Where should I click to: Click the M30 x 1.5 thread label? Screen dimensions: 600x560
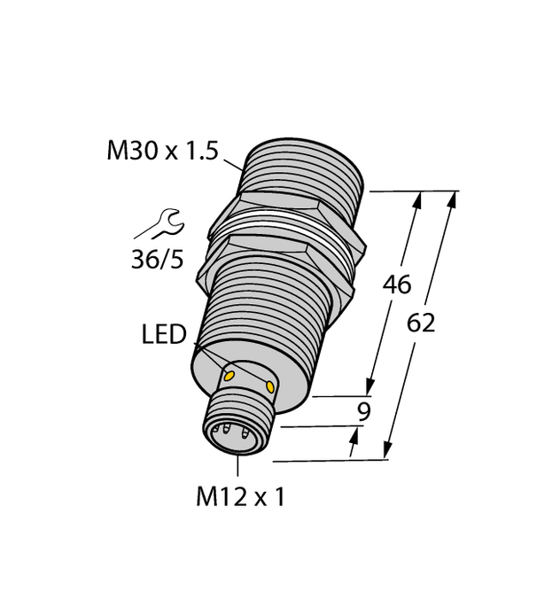pos(161,152)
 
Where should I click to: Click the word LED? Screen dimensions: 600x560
pos(164,336)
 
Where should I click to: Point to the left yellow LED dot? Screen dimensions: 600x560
pos(229,376)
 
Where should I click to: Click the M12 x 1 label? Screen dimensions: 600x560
pos(240,498)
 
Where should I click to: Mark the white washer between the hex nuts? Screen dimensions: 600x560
pos(284,232)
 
